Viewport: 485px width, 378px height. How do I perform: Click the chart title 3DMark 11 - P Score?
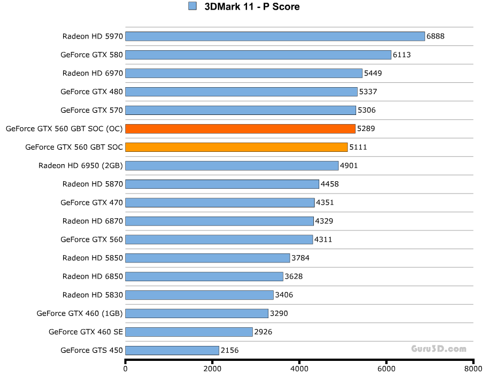[x=252, y=6]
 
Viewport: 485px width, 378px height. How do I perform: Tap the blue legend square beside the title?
[x=193, y=6]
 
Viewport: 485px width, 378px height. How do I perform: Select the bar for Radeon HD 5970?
[x=275, y=36]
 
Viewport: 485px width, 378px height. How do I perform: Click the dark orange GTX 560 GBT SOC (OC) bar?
[x=240, y=129]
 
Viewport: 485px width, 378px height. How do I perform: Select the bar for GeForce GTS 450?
[x=172, y=351]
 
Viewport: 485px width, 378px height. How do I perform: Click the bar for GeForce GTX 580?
[x=258, y=55]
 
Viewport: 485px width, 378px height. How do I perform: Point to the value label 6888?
[x=435, y=36]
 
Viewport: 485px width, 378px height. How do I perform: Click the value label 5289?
[x=366, y=129]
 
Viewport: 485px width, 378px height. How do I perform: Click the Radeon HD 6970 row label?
[x=93, y=73]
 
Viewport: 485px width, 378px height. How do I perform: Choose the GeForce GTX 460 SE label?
[x=86, y=332]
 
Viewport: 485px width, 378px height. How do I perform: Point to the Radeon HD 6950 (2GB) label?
[x=81, y=166]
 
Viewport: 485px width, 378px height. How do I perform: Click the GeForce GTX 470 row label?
[x=91, y=203]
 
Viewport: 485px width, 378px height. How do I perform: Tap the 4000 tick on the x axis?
[x=299, y=369]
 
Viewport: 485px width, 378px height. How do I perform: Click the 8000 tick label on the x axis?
[x=473, y=369]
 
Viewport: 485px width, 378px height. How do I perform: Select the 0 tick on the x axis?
[x=126, y=369]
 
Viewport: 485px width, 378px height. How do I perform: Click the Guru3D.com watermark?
[x=438, y=349]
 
